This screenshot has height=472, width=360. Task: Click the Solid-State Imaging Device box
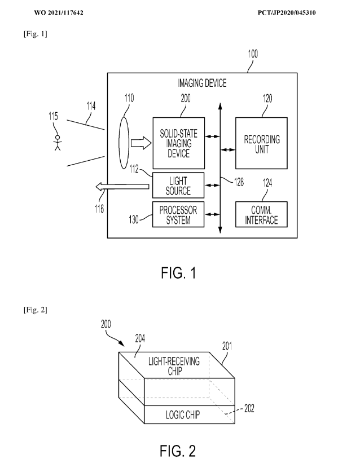point(178,143)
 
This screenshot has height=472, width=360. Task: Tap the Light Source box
point(178,186)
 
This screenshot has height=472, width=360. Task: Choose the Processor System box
point(178,214)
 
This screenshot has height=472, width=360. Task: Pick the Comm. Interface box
point(261,215)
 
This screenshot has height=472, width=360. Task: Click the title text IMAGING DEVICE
point(202,83)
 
